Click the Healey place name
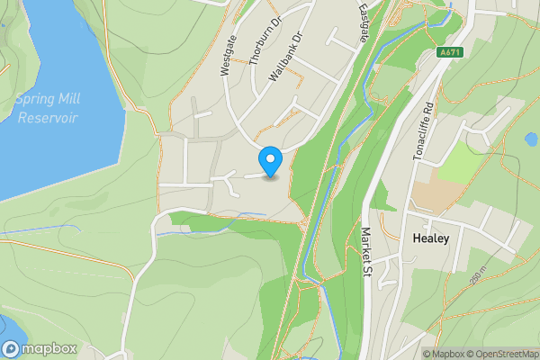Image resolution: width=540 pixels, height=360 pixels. (x=428, y=239)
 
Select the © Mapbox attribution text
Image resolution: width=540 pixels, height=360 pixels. (x=444, y=354)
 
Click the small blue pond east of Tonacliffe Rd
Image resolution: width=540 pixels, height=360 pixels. (x=530, y=139)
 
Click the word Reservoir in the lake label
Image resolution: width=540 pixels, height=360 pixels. (x=47, y=118)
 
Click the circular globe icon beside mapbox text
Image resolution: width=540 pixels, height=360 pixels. (x=11, y=349)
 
